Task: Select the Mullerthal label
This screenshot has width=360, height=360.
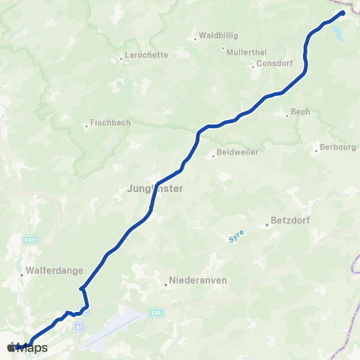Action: (246, 50)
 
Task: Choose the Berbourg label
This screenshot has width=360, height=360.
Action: (337, 147)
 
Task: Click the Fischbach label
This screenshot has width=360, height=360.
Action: (110, 122)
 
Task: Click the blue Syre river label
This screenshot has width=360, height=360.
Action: (236, 239)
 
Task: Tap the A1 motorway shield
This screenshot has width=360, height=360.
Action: (78, 327)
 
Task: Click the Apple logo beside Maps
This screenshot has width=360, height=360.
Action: (10, 348)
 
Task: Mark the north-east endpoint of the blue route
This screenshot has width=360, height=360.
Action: (343, 13)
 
